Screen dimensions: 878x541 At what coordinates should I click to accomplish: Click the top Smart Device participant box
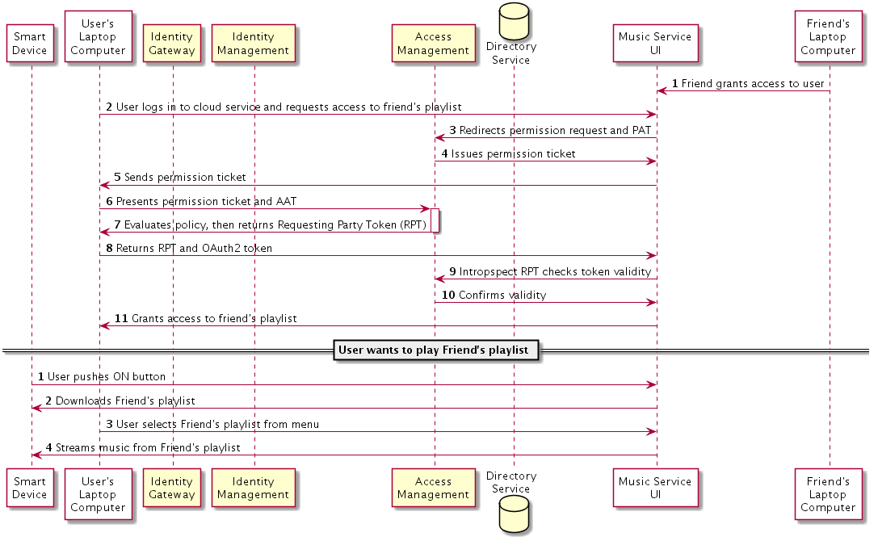pos(30,43)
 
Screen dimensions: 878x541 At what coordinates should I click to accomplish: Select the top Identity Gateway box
pos(172,43)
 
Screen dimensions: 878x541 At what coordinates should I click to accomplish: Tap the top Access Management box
pos(434,43)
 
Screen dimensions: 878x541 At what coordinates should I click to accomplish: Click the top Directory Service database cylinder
pos(514,21)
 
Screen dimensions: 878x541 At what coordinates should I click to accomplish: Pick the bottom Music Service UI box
pos(656,488)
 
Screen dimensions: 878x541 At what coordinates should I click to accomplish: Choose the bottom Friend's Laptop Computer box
pos(828,494)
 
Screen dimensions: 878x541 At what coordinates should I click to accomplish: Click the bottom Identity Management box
pos(253,488)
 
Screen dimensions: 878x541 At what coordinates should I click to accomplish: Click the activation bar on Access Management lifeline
pos(435,220)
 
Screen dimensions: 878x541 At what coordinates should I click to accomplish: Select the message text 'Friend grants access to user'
pos(753,83)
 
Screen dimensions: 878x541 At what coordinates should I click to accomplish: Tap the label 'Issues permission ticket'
pos(514,153)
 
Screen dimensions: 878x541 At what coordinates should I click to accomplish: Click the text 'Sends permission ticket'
pos(185,177)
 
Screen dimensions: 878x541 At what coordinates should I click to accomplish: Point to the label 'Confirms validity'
pos(502,295)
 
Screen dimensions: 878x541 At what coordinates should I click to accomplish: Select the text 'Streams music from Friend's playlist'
pos(148,447)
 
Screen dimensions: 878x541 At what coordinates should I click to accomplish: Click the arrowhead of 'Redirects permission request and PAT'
pos(439,138)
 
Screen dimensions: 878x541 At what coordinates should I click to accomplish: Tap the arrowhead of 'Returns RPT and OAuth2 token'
pos(652,255)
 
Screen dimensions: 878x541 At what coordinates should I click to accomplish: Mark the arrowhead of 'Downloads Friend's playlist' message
pos(36,409)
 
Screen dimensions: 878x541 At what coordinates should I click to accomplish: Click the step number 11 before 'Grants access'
pos(121,318)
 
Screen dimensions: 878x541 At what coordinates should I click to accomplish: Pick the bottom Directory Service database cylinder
pos(514,514)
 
